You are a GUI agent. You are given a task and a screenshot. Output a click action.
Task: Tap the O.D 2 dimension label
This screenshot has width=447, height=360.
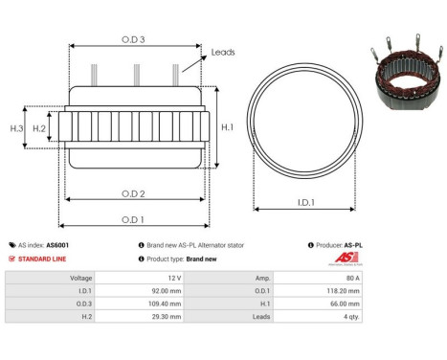(134, 193)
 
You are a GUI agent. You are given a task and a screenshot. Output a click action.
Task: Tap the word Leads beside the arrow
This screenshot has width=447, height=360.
(223, 53)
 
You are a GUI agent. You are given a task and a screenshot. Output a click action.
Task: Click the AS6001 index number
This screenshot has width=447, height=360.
(57, 245)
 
